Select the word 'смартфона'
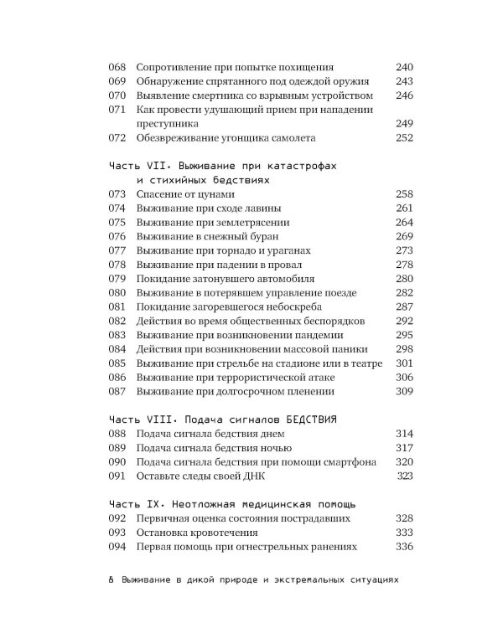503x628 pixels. (x=338, y=462)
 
